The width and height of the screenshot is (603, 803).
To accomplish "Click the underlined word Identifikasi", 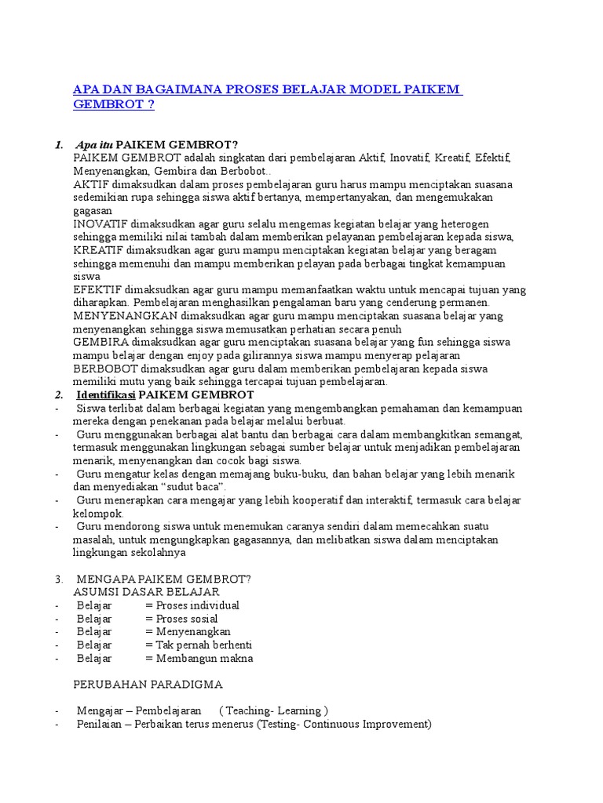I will click(x=110, y=394).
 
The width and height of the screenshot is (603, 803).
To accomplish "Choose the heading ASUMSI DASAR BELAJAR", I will click(x=146, y=592).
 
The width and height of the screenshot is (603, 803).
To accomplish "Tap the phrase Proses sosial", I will click(x=187, y=619).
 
